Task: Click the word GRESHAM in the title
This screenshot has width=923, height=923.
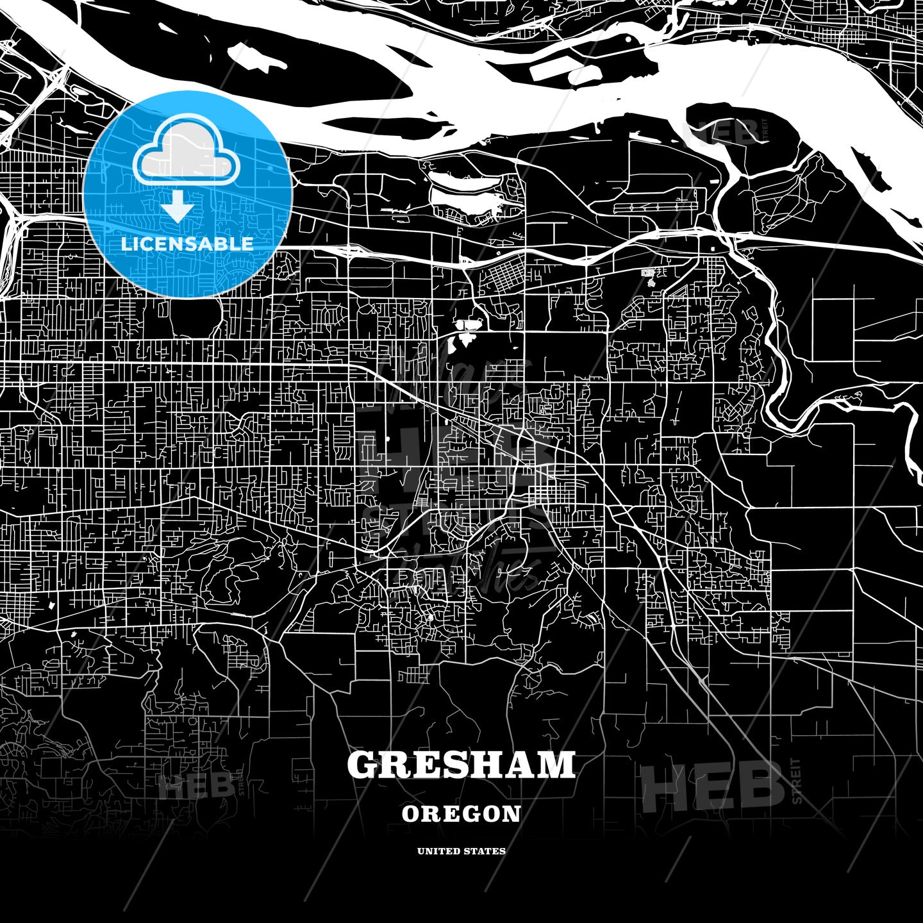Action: click(x=462, y=765)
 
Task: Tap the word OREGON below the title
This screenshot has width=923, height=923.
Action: click(x=462, y=814)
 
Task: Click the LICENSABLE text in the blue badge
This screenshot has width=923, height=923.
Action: click(x=187, y=244)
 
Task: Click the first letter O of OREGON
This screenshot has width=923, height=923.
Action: click(x=411, y=814)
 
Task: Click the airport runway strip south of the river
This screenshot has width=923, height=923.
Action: click(x=654, y=208)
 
